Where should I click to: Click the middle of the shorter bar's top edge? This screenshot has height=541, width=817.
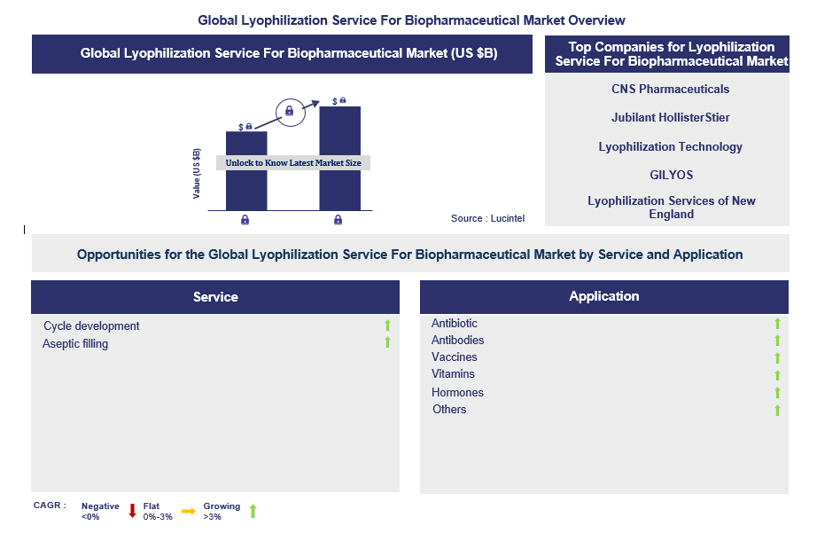[246, 131]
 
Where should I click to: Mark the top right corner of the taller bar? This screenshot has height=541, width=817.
[361, 107]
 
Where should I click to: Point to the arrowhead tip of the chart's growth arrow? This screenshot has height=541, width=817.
[319, 101]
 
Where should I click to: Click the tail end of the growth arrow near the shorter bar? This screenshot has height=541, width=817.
[255, 129]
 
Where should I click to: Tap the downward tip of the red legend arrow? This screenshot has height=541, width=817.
[132, 518]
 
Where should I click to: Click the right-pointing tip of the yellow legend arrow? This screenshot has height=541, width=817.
[196, 511]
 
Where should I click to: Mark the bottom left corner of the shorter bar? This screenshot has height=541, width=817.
[226, 211]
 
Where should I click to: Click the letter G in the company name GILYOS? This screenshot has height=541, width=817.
[654, 176]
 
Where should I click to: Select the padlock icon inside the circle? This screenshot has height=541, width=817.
[290, 111]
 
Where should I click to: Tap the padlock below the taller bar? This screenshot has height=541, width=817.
[338, 220]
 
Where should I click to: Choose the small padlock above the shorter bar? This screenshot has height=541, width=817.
[249, 126]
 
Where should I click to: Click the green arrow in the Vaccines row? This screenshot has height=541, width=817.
[777, 358]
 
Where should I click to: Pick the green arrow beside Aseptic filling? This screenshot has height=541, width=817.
[387, 342]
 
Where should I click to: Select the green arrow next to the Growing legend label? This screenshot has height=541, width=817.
[253, 511]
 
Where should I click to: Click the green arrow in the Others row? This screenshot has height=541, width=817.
[777, 410]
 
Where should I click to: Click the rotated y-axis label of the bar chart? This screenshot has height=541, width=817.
[197, 174]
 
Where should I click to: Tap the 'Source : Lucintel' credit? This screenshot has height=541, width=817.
[487, 218]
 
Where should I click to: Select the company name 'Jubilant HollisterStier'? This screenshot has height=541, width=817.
[671, 117]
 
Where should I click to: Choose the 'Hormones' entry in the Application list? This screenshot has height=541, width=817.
[457, 392]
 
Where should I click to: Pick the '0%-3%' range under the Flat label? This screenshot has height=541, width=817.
[158, 517]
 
